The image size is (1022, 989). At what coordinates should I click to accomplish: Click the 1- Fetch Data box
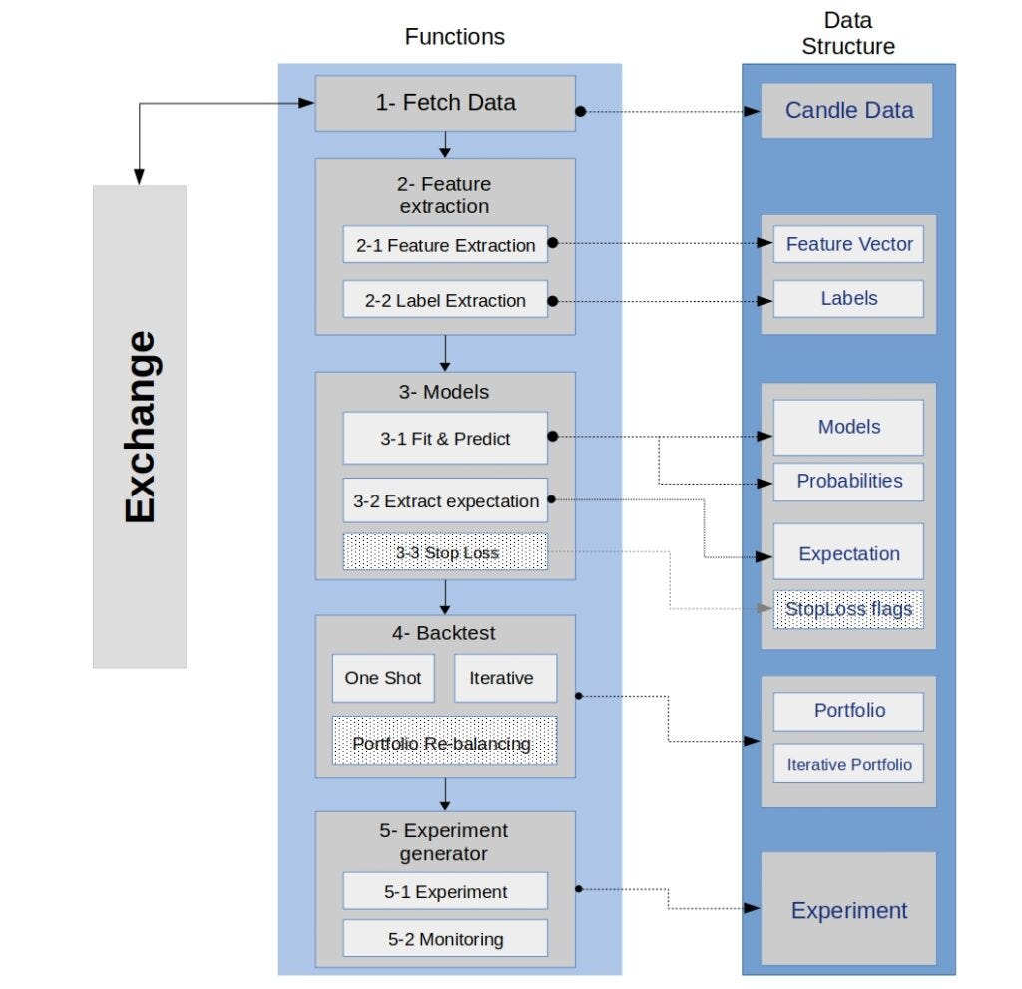pyautogui.click(x=445, y=103)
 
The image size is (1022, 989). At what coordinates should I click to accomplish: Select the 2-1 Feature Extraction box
pyautogui.click(x=445, y=245)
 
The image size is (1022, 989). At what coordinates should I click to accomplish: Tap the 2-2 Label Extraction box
pyautogui.click(x=445, y=300)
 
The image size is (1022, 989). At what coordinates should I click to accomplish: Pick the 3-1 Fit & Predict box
pyautogui.click(x=445, y=439)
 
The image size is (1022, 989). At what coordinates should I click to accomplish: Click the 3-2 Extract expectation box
pyautogui.click(x=445, y=501)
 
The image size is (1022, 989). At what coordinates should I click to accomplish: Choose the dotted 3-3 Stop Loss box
pyautogui.click(x=445, y=552)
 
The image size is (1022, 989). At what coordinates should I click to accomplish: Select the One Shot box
pyautogui.click(x=383, y=678)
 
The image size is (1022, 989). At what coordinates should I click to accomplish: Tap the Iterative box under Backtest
pyautogui.click(x=501, y=678)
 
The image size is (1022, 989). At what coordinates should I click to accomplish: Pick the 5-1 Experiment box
pyautogui.click(x=445, y=891)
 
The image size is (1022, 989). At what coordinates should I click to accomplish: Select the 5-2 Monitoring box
pyautogui.click(x=445, y=939)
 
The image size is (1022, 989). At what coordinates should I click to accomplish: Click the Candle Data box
pyautogui.click(x=848, y=110)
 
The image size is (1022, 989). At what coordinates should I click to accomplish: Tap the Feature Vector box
pyautogui.click(x=848, y=244)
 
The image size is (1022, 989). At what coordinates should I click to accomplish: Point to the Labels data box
pyautogui.click(x=848, y=298)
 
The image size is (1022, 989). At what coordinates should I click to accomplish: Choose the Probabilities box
pyautogui.click(x=848, y=481)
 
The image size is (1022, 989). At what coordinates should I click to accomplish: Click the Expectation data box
pyautogui.click(x=848, y=553)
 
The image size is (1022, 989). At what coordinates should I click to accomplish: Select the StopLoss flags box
pyautogui.click(x=848, y=608)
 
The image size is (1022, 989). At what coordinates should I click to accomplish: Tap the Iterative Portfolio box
pyautogui.click(x=848, y=764)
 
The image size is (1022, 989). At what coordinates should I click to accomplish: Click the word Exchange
pyautogui.click(x=141, y=426)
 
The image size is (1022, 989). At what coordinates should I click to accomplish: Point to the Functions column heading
pyautogui.click(x=454, y=37)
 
